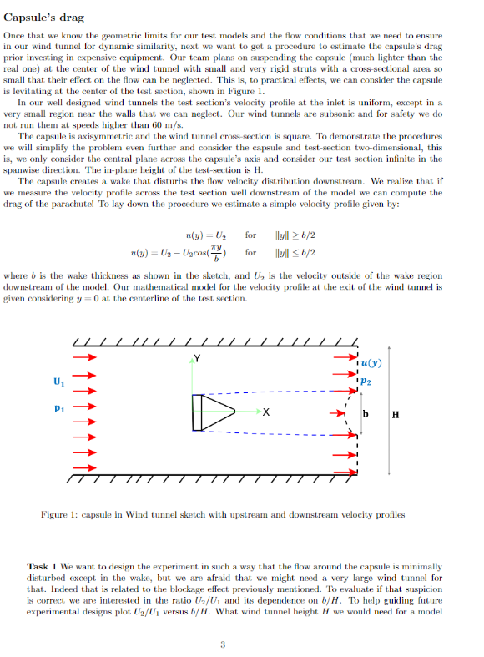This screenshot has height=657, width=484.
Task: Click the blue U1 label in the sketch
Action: tap(58, 383)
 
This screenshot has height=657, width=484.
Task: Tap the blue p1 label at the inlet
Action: tap(58, 409)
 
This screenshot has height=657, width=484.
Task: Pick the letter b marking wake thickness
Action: tap(365, 415)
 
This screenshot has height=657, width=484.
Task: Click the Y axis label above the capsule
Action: tap(197, 360)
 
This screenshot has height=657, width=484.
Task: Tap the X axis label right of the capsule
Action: tap(265, 412)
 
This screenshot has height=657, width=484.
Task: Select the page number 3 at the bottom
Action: tap(223, 644)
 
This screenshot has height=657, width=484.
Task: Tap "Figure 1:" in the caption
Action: tap(59, 514)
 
